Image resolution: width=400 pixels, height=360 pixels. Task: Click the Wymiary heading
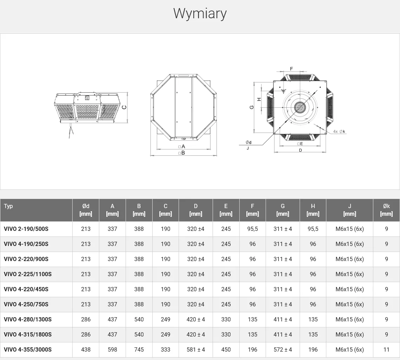[200, 14]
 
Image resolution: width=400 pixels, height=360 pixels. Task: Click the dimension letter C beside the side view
[124, 107]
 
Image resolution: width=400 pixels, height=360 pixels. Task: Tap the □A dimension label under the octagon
[181, 146]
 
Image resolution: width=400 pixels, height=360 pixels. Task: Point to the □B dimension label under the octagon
[181, 153]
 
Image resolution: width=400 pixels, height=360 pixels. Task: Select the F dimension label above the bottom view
[291, 69]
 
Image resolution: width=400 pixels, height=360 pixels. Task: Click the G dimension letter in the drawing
[252, 107]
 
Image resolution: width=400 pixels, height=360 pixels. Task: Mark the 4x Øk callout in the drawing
[339, 132]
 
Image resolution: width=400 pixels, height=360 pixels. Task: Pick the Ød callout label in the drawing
[248, 142]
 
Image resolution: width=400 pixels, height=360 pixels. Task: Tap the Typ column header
[8, 206]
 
